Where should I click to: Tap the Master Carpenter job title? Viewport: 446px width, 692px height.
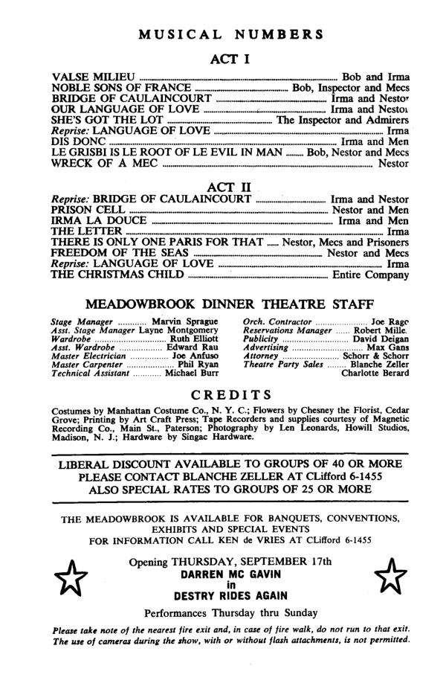click(x=85, y=365)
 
